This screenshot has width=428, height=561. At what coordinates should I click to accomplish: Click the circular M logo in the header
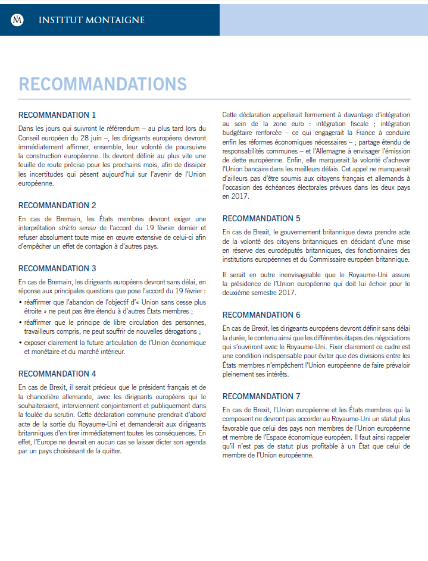pyautogui.click(x=18, y=20)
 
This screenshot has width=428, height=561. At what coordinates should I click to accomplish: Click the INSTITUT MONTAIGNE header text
pyautogui.click(x=91, y=20)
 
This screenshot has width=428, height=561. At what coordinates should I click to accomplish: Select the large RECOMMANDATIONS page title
pyautogui.click(x=102, y=84)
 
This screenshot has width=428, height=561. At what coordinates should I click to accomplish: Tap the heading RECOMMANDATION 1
pyautogui.click(x=57, y=115)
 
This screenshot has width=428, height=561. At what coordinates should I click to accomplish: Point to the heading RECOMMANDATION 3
pyautogui.click(x=57, y=268)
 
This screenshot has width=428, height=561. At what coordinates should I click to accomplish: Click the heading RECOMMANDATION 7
pyautogui.click(x=261, y=396)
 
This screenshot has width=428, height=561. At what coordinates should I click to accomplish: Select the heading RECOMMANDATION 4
pyautogui.click(x=57, y=374)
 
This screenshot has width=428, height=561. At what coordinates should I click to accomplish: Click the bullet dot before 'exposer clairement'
pyautogui.click(x=20, y=343)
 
